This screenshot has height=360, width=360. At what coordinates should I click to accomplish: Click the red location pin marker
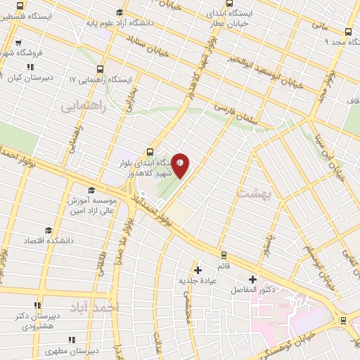(x=181, y=165)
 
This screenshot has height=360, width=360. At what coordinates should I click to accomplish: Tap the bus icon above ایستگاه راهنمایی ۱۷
(x=101, y=69)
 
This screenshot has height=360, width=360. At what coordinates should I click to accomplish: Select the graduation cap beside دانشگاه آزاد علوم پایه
(x=120, y=12)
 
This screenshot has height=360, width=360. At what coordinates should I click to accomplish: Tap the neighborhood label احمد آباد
(x=95, y=307)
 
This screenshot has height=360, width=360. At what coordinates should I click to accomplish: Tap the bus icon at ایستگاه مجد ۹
(x=349, y=31)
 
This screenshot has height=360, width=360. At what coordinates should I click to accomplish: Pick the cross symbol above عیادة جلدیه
(x=198, y=270)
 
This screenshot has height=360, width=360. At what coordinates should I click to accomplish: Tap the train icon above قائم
(x=224, y=255)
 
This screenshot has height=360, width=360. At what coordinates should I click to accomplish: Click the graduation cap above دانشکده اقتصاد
(x=49, y=231)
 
